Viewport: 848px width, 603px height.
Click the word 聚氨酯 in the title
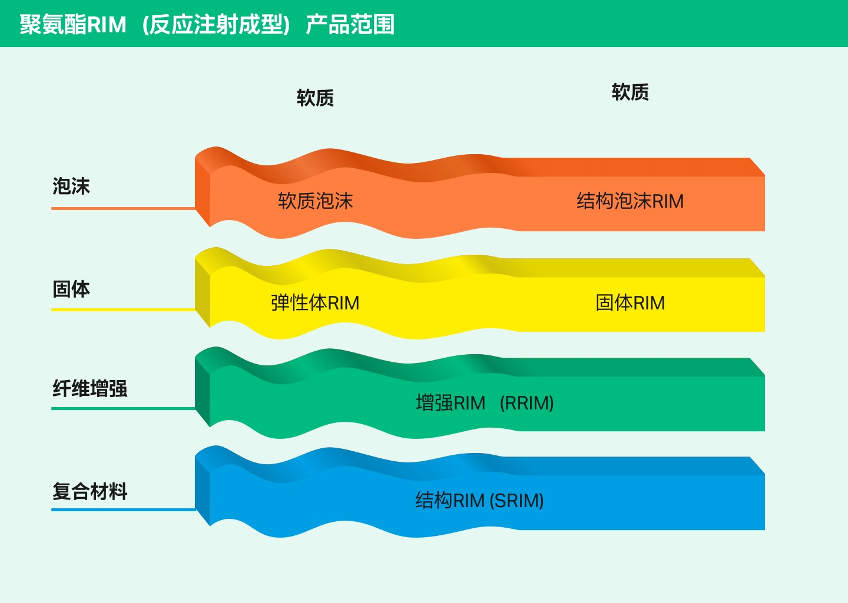(x=53, y=25)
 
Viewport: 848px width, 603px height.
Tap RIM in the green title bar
(x=107, y=25)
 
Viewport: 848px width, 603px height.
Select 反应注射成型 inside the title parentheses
(x=216, y=25)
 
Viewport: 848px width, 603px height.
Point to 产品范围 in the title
(x=350, y=25)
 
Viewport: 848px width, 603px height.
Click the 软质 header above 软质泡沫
(x=316, y=98)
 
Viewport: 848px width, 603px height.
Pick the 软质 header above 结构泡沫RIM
(x=630, y=92)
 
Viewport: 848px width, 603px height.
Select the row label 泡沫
(x=71, y=186)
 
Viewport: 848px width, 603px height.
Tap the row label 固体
(x=71, y=289)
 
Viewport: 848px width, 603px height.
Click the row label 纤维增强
(x=90, y=388)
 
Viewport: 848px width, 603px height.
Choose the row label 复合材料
(x=90, y=491)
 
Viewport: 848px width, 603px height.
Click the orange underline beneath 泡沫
(x=124, y=208)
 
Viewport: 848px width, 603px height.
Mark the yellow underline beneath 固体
(x=124, y=310)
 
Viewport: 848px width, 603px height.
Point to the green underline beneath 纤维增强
(x=124, y=408)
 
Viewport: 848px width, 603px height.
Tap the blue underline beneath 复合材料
(x=124, y=510)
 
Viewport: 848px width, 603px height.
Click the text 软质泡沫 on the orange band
(x=316, y=201)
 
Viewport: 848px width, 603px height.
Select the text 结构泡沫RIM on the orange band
(x=630, y=201)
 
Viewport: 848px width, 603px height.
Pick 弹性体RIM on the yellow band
(x=315, y=303)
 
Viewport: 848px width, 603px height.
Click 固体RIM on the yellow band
(x=630, y=303)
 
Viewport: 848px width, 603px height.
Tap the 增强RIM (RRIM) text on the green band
(x=485, y=403)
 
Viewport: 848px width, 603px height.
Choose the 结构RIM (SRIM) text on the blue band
(x=479, y=501)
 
